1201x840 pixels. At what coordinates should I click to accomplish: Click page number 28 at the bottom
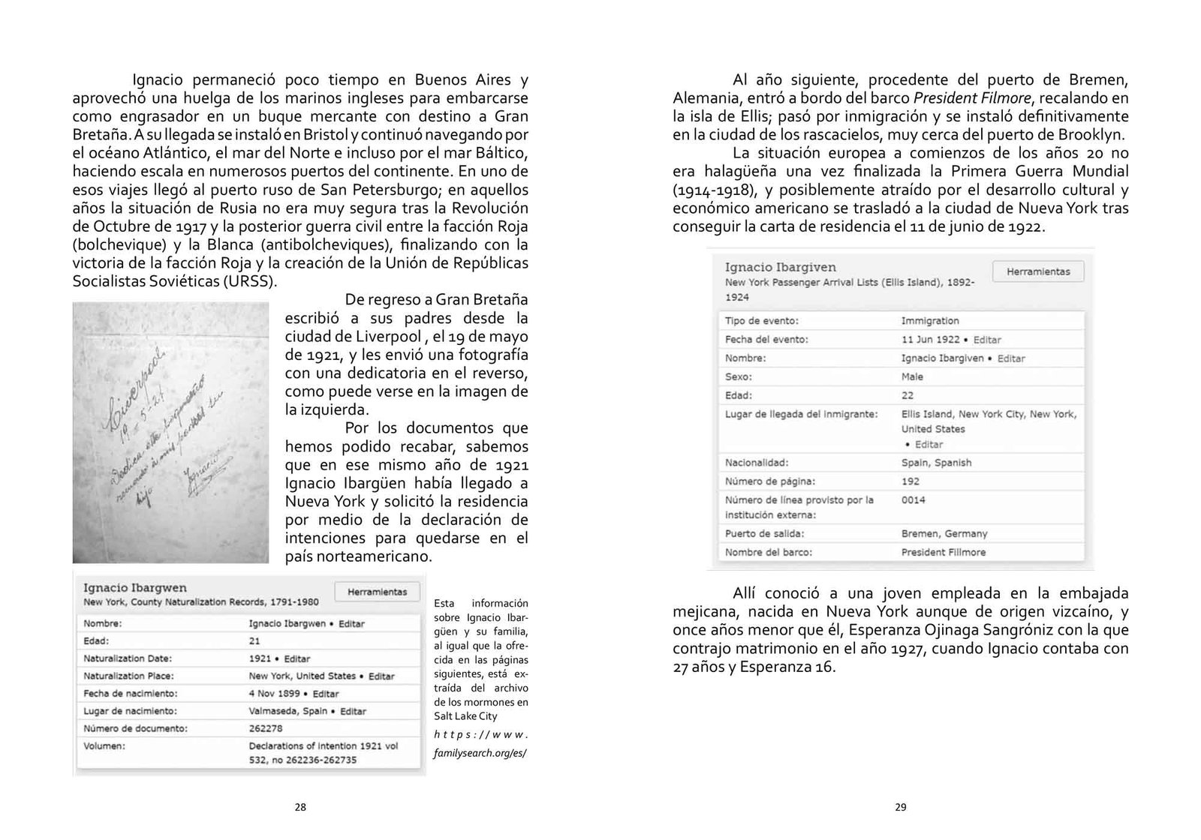tap(300, 808)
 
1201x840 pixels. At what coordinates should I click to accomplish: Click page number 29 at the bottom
tap(901, 808)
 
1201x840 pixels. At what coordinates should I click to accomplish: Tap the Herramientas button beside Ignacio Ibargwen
tap(377, 592)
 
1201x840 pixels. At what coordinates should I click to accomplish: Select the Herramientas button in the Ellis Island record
tap(1038, 271)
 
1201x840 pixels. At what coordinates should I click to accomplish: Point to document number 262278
tap(266, 728)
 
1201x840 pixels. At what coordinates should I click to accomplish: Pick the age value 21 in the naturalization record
tap(254, 641)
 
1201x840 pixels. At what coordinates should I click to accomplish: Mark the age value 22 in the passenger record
tap(908, 395)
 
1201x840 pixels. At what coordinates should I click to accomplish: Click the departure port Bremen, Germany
tap(944, 534)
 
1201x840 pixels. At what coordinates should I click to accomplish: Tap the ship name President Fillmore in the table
tap(944, 552)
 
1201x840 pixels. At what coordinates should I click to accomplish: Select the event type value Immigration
tap(930, 321)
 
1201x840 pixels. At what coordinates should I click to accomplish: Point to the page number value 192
tap(910, 481)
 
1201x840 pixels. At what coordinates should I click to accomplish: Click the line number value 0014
tap(913, 500)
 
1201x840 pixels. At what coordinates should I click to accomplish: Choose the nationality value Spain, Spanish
tap(936, 463)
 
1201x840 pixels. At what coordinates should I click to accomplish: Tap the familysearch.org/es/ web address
tap(480, 752)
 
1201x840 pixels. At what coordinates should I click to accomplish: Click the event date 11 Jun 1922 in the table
tap(929, 340)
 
